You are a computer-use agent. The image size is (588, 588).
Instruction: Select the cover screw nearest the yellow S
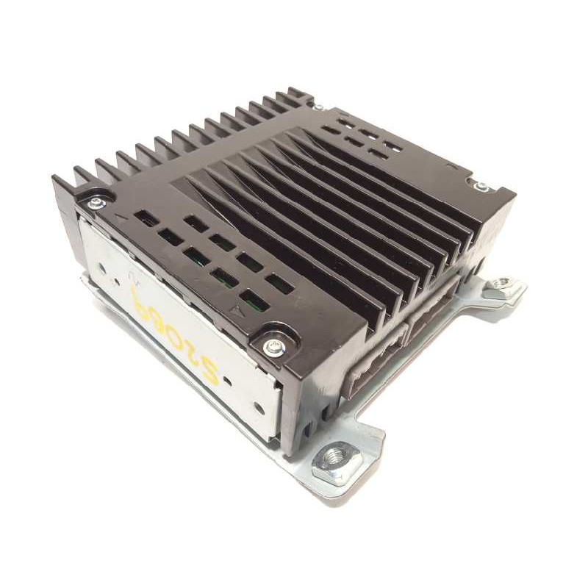click(273, 345)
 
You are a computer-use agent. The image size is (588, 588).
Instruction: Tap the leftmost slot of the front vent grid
click(148, 218)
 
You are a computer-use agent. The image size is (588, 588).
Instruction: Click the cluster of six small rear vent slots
click(360, 140)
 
